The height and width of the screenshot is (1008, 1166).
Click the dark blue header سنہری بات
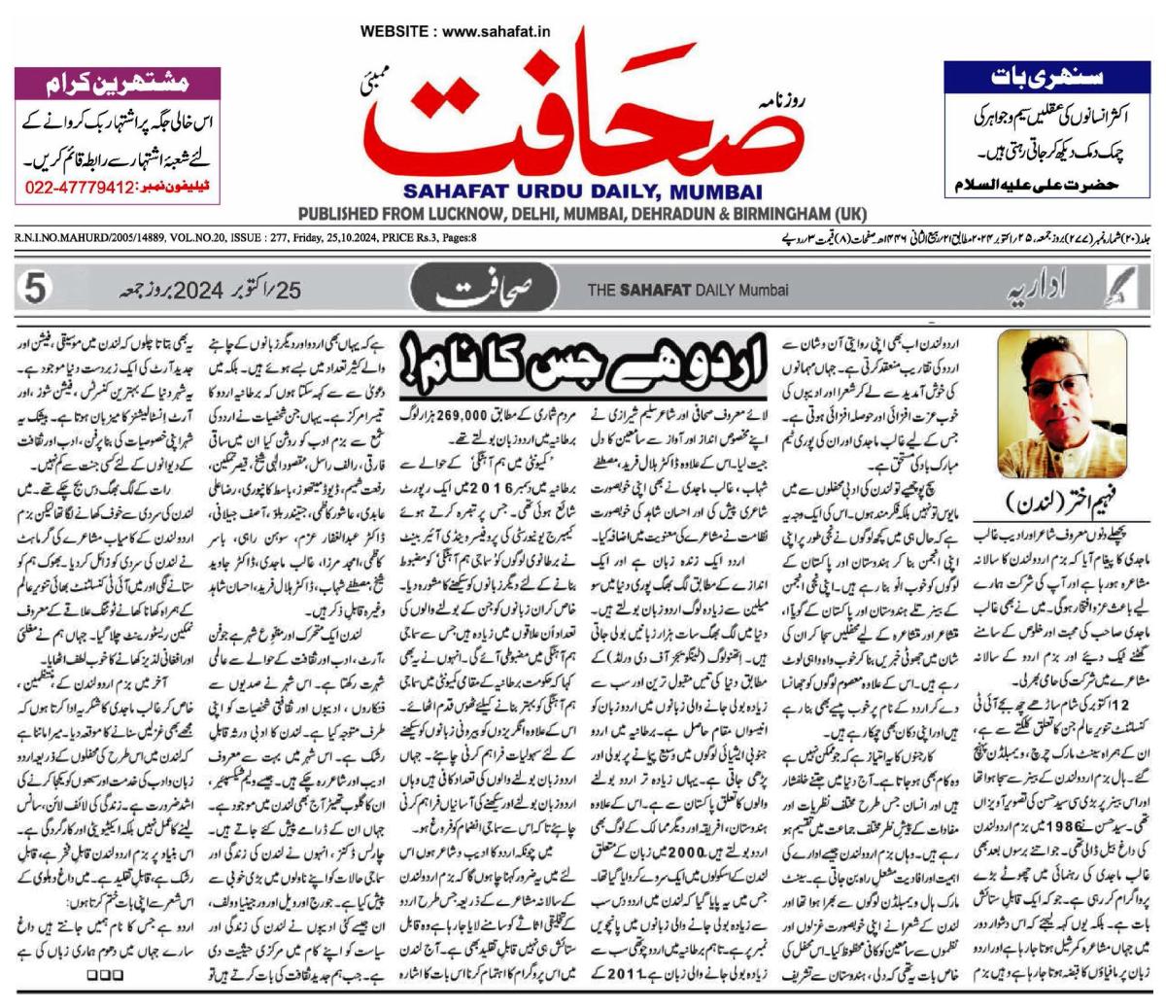(1047, 75)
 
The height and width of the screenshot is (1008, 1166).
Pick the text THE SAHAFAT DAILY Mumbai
(688, 290)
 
